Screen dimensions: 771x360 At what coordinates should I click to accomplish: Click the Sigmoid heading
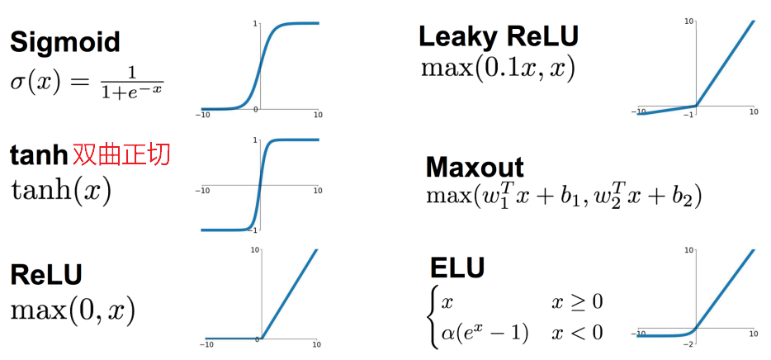click(64, 41)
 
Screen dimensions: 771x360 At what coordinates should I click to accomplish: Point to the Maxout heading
click(475, 167)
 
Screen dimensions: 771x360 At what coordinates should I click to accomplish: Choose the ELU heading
click(457, 268)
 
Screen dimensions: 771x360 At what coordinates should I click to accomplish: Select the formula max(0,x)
click(73, 310)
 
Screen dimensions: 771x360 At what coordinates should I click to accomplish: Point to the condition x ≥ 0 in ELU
click(577, 301)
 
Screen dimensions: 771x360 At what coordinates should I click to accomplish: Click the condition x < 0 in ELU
click(577, 332)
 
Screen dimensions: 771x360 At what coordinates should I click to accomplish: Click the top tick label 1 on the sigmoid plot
click(255, 23)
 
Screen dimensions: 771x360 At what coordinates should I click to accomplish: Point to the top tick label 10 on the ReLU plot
click(255, 249)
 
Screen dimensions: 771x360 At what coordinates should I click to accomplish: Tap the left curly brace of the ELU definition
click(433, 317)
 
